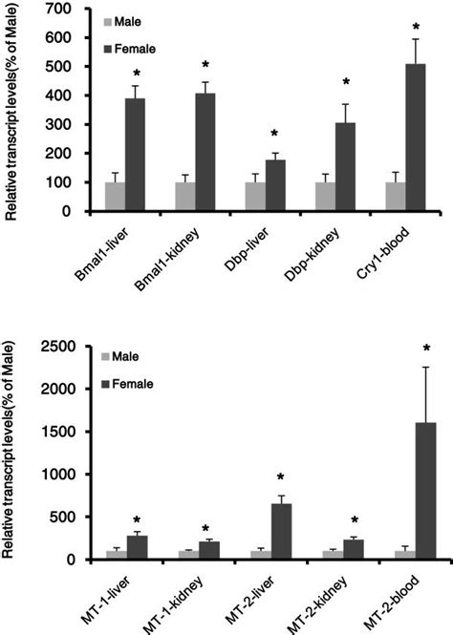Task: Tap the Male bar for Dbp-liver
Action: [254, 197]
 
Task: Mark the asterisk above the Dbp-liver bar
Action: [276, 135]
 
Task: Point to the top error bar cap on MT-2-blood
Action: [415, 367]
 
